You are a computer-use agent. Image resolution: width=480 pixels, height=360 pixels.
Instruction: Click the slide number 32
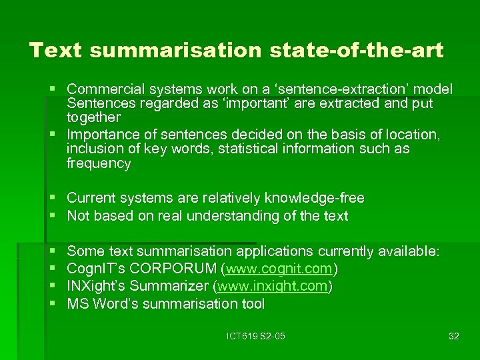point(453,336)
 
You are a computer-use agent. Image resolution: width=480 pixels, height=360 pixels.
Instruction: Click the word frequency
point(99,163)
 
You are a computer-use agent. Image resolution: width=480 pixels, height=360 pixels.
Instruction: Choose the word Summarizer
point(168,287)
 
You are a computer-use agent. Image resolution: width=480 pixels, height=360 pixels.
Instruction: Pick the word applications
point(274,251)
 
